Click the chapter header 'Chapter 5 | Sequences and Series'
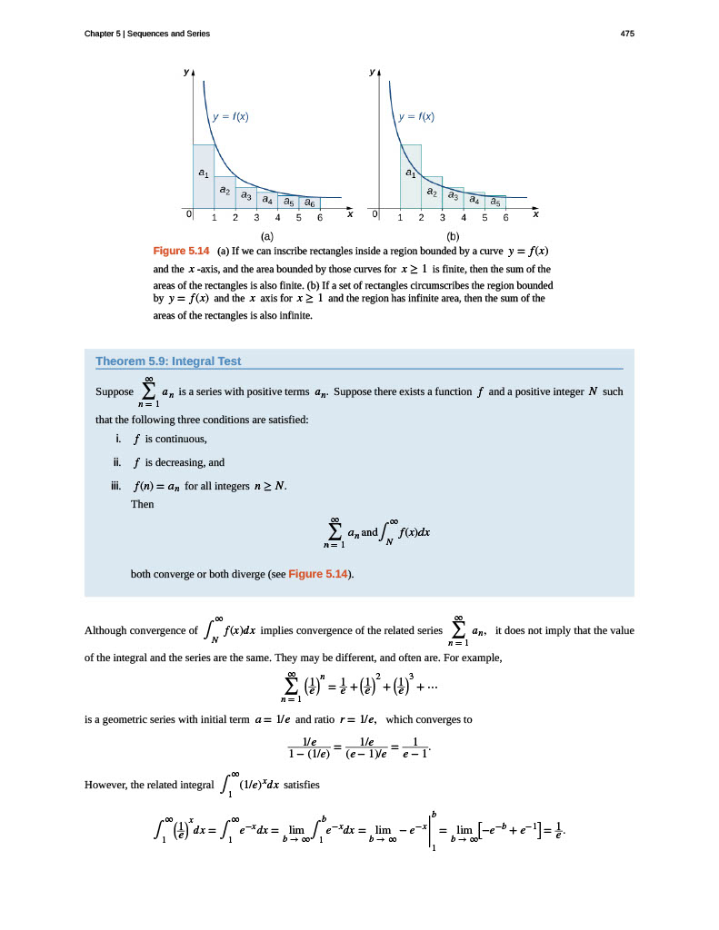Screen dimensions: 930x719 tap(147, 34)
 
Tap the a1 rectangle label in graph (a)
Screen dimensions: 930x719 tap(203, 172)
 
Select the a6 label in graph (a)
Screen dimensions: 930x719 tap(310, 203)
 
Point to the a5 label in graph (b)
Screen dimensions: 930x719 tap(495, 203)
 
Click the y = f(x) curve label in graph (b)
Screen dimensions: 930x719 tap(416, 116)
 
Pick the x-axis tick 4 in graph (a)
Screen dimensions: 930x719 tap(277, 219)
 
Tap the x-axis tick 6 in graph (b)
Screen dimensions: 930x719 tap(506, 219)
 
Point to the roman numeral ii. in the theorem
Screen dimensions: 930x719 tap(117, 461)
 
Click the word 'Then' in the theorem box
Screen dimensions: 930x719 tap(143, 505)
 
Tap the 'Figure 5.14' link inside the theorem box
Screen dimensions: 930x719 tap(319, 574)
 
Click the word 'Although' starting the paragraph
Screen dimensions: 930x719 tap(105, 630)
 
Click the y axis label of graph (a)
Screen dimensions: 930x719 tap(187, 70)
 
